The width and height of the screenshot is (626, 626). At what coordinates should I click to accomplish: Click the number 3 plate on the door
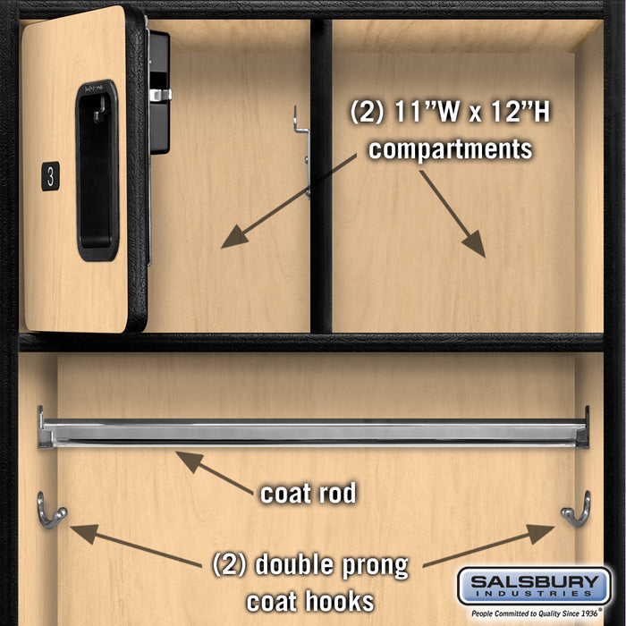click(50, 176)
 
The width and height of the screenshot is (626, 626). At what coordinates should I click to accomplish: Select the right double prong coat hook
click(577, 510)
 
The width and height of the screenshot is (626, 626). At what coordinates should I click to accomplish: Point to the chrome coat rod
click(313, 433)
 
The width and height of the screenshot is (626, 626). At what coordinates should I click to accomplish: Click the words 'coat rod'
click(308, 493)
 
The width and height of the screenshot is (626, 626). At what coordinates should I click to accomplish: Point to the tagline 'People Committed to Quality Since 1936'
click(534, 614)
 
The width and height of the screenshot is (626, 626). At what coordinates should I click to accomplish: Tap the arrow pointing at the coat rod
click(215, 471)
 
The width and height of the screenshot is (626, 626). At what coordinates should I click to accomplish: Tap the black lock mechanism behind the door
click(159, 89)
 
